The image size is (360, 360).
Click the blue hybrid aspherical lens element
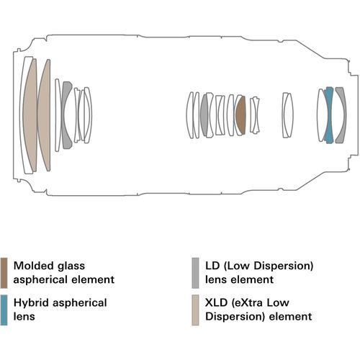329,115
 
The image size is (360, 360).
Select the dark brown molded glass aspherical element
240,115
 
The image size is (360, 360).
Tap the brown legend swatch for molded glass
4,273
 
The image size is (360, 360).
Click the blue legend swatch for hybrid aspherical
4,310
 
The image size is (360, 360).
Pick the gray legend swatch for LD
195,273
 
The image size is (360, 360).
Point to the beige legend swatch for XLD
195,310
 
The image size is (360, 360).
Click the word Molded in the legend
33,266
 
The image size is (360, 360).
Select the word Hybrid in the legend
31,303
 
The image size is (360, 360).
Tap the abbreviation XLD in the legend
216,303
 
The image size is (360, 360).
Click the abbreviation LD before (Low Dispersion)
212,266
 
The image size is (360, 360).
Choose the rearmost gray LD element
341,115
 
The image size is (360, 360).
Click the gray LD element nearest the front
66,115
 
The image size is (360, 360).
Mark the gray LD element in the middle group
204,115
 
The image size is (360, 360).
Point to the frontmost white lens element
26,115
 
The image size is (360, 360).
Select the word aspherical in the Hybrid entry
80,303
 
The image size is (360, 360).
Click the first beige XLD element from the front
30,115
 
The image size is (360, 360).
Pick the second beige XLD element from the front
44,115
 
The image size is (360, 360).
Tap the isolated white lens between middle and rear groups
288,115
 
